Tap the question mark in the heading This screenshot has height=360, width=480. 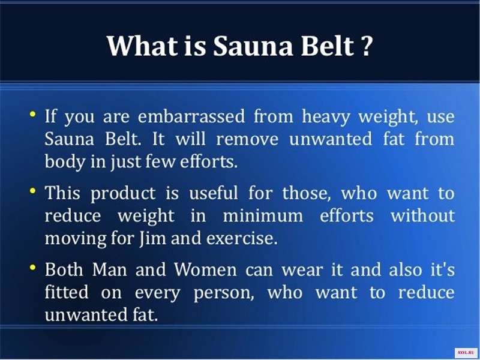[366, 46]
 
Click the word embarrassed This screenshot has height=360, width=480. [191, 116]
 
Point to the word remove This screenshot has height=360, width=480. [247, 140]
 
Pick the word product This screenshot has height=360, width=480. [123, 194]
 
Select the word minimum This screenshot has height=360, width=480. [263, 215]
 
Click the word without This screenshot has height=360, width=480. [423, 215]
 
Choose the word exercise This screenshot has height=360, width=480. [242, 239]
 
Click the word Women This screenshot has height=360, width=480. [205, 270]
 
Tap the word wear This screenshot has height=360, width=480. [302, 271]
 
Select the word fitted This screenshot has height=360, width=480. [67, 292]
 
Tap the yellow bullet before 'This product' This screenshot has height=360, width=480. [33, 191]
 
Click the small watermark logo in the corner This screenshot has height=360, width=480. [466, 353]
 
